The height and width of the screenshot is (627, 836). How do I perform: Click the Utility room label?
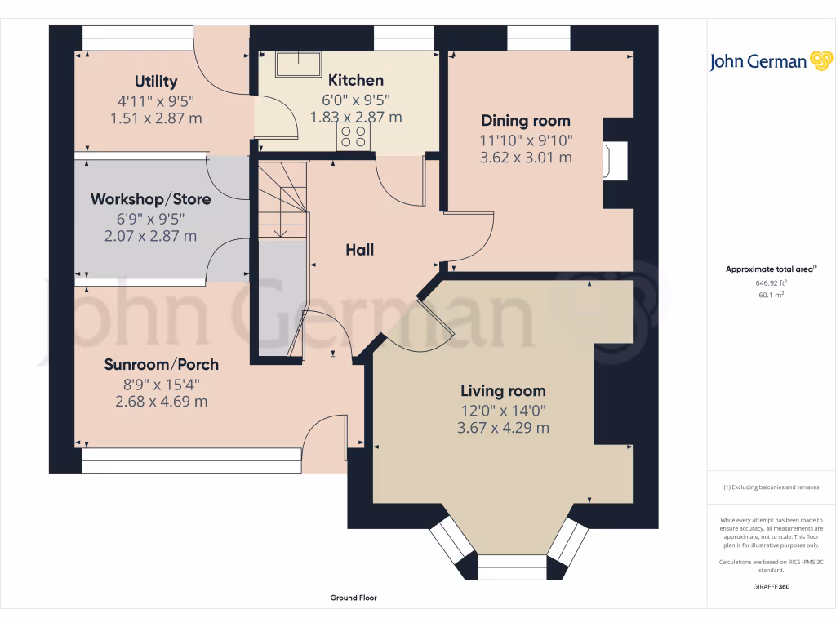[156, 81]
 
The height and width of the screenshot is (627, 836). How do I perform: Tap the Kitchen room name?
[355, 80]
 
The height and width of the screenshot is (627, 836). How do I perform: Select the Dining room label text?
[525, 121]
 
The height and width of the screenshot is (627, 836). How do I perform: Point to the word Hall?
[359, 250]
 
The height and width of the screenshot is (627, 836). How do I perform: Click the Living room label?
[503, 390]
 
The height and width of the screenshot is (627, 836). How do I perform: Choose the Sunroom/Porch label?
[161, 364]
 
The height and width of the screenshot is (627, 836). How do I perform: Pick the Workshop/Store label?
[150, 199]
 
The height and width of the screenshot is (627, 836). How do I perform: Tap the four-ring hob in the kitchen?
[354, 136]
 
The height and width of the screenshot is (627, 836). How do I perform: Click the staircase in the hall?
[283, 200]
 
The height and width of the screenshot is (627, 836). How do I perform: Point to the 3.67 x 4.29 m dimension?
[503, 427]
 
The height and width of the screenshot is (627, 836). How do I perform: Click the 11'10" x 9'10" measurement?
[525, 140]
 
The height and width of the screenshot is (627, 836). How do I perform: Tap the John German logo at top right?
[770, 61]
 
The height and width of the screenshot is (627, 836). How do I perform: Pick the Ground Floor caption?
[354, 598]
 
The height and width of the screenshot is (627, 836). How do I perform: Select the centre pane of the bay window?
[511, 567]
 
